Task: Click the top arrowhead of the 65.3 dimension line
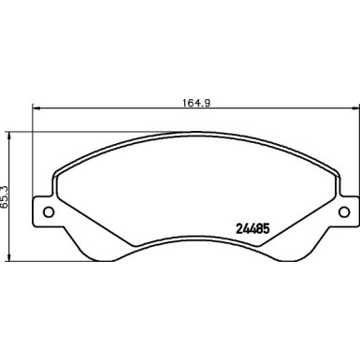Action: [10, 135]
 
